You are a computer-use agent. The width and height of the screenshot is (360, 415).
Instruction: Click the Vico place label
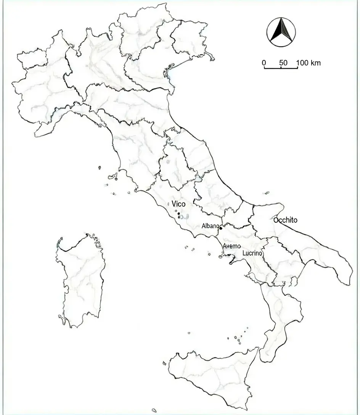178,204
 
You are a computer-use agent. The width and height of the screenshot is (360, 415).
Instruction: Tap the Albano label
210,226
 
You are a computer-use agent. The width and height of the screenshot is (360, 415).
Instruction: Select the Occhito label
285,220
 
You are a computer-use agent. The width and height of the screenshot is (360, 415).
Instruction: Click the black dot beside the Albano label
221,228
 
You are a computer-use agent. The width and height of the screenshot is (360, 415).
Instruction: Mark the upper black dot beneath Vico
178,214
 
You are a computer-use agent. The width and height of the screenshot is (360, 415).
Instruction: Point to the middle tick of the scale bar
281,68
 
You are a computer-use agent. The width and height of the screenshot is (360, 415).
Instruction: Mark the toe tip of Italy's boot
263,359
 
